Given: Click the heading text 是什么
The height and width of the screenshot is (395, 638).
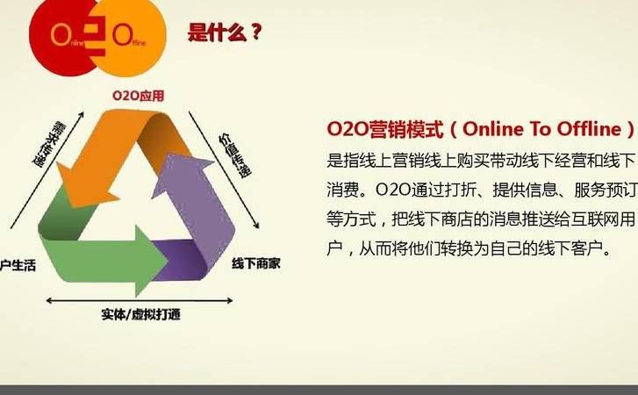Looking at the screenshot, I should [x=216, y=34].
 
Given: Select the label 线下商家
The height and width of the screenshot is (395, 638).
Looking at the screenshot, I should [x=259, y=262].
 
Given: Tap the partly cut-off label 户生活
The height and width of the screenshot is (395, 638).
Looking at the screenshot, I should [x=18, y=266].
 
